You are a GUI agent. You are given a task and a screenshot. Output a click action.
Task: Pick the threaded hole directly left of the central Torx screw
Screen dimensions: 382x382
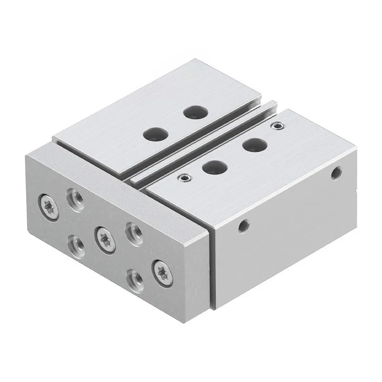pyautogui.click(x=75, y=244)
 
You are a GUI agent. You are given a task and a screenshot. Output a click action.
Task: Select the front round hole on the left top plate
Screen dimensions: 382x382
pyautogui.click(x=154, y=133)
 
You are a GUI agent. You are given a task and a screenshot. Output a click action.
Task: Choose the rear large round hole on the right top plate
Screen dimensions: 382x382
pyautogui.click(x=254, y=144)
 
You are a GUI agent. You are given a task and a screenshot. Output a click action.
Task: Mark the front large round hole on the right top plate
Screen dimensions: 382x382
pyautogui.click(x=213, y=166)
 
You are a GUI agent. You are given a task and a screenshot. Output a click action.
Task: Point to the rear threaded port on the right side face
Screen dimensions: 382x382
pyautogui.click(x=337, y=172)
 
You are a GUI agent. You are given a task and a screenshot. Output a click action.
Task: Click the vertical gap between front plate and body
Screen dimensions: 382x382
pyautogui.click(x=211, y=267)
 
